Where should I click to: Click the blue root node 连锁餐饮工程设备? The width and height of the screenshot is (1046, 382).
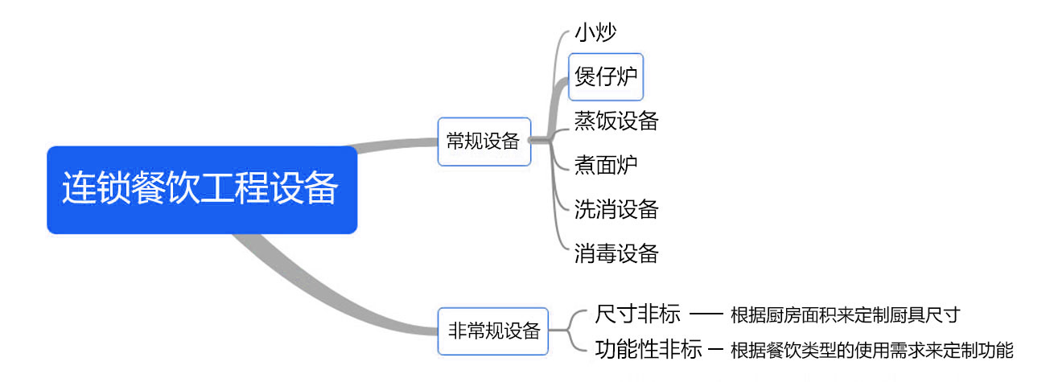coord(201,190)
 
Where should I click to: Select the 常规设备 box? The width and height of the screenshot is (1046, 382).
coord(484,142)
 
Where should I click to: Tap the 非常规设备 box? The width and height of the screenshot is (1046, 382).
coord(492,331)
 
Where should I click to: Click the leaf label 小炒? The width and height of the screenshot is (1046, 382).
coord(595,34)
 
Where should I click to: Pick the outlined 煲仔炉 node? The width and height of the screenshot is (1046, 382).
coord(606,76)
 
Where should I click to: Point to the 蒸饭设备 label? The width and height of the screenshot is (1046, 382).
coord(616,121)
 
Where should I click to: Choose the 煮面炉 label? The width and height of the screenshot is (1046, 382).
coord(606,165)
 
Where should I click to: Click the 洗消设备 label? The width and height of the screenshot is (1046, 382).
coord(616,209)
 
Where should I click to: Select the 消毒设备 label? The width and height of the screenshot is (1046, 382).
coord(616,253)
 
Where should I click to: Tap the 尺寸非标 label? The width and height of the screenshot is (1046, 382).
coord(638,312)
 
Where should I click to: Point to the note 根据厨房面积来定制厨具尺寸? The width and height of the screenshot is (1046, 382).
coord(845,314)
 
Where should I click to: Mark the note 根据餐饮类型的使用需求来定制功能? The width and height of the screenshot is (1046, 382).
coord(871,350)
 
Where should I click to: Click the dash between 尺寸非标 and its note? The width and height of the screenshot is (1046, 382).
coord(707,313)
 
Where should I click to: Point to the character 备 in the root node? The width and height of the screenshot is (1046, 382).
coord(322,190)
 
